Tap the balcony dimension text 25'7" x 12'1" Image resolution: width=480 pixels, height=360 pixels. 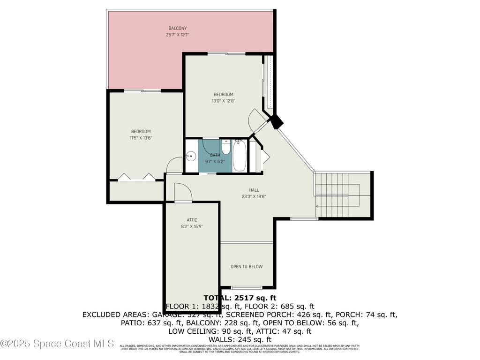click(x=178, y=35)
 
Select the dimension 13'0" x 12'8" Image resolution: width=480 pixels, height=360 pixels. click(x=223, y=100)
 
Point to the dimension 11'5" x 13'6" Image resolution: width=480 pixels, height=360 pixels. click(x=141, y=138)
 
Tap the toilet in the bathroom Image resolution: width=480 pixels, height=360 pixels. click(x=226, y=148)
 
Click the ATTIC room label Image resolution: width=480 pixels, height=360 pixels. click(x=192, y=220)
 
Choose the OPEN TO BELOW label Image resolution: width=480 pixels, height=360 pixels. click(x=247, y=267)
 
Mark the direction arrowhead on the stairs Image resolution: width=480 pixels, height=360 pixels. click(x=317, y=206)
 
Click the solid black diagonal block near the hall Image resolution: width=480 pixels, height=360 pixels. click(x=277, y=122)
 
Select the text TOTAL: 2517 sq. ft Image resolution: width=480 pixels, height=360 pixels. click(x=240, y=298)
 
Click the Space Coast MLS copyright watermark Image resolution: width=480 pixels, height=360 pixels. click(x=57, y=344)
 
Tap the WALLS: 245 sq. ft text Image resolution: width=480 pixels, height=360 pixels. click(x=240, y=339)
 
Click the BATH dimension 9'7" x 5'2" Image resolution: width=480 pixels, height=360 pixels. click(x=215, y=161)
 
